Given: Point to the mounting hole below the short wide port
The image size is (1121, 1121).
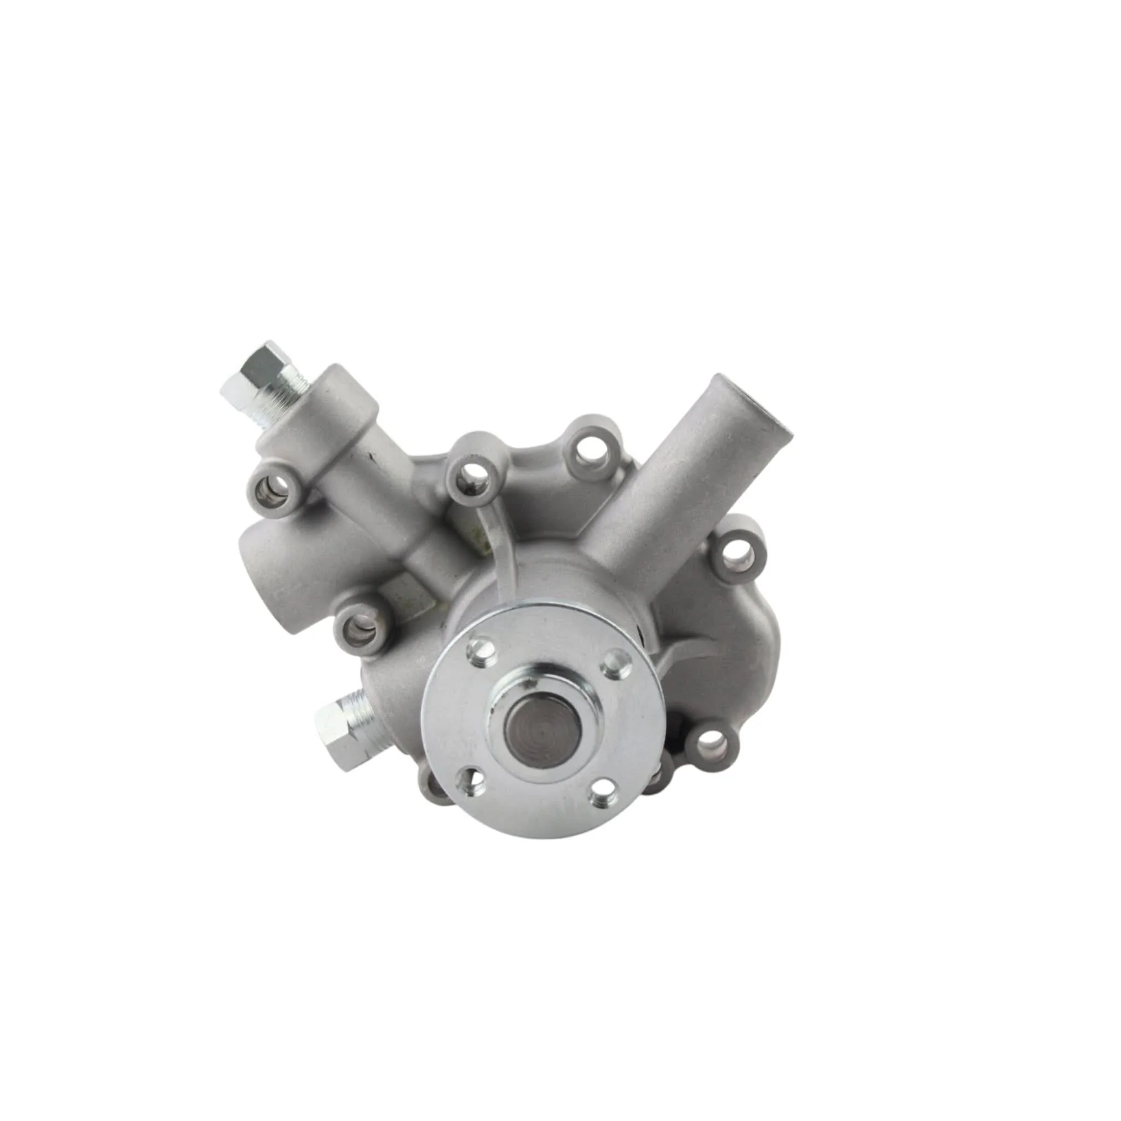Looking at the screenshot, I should (360, 628).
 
